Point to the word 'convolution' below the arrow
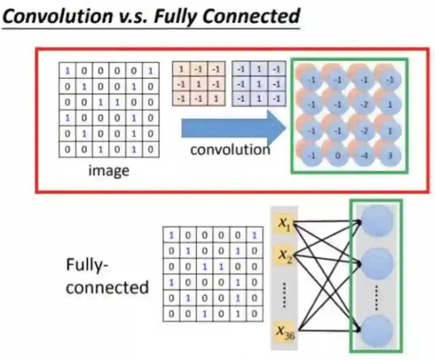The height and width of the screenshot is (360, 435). pyautogui.click(x=230, y=150)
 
